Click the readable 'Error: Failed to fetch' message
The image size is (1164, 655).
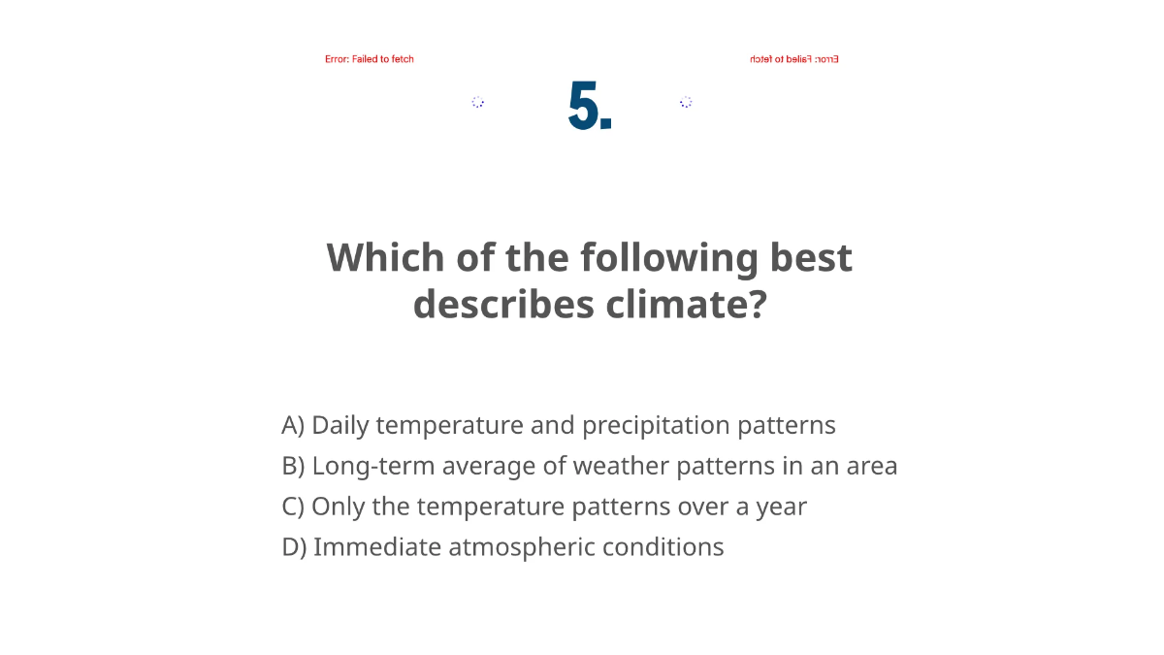[369, 59]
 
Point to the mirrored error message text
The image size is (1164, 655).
[793, 59]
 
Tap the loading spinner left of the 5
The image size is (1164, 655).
[477, 102]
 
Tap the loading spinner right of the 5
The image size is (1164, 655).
[686, 102]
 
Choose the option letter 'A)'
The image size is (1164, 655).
[293, 425]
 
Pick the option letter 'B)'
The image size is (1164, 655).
[293, 466]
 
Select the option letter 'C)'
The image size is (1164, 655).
[293, 507]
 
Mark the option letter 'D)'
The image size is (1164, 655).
[294, 547]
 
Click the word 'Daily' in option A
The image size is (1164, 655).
[339, 425]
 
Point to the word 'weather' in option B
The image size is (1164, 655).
[621, 466]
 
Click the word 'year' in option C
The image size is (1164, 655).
[781, 508]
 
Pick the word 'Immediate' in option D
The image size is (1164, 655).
[376, 547]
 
